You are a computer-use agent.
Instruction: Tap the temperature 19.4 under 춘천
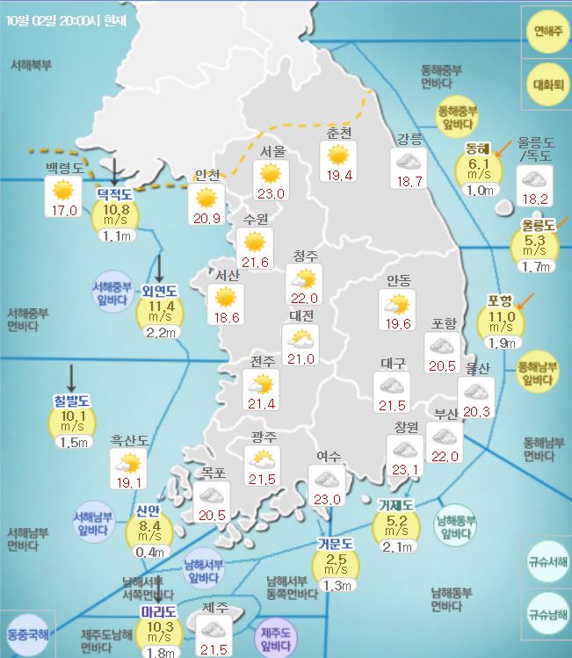(x=338, y=176)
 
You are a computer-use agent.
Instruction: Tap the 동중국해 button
(x=28, y=633)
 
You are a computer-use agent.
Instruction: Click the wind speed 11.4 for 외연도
(x=160, y=306)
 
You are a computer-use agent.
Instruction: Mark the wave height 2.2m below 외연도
(x=160, y=332)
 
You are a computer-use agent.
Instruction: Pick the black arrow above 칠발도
(x=70, y=377)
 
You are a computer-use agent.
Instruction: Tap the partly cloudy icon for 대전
(x=300, y=338)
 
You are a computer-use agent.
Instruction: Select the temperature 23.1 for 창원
(x=406, y=471)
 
